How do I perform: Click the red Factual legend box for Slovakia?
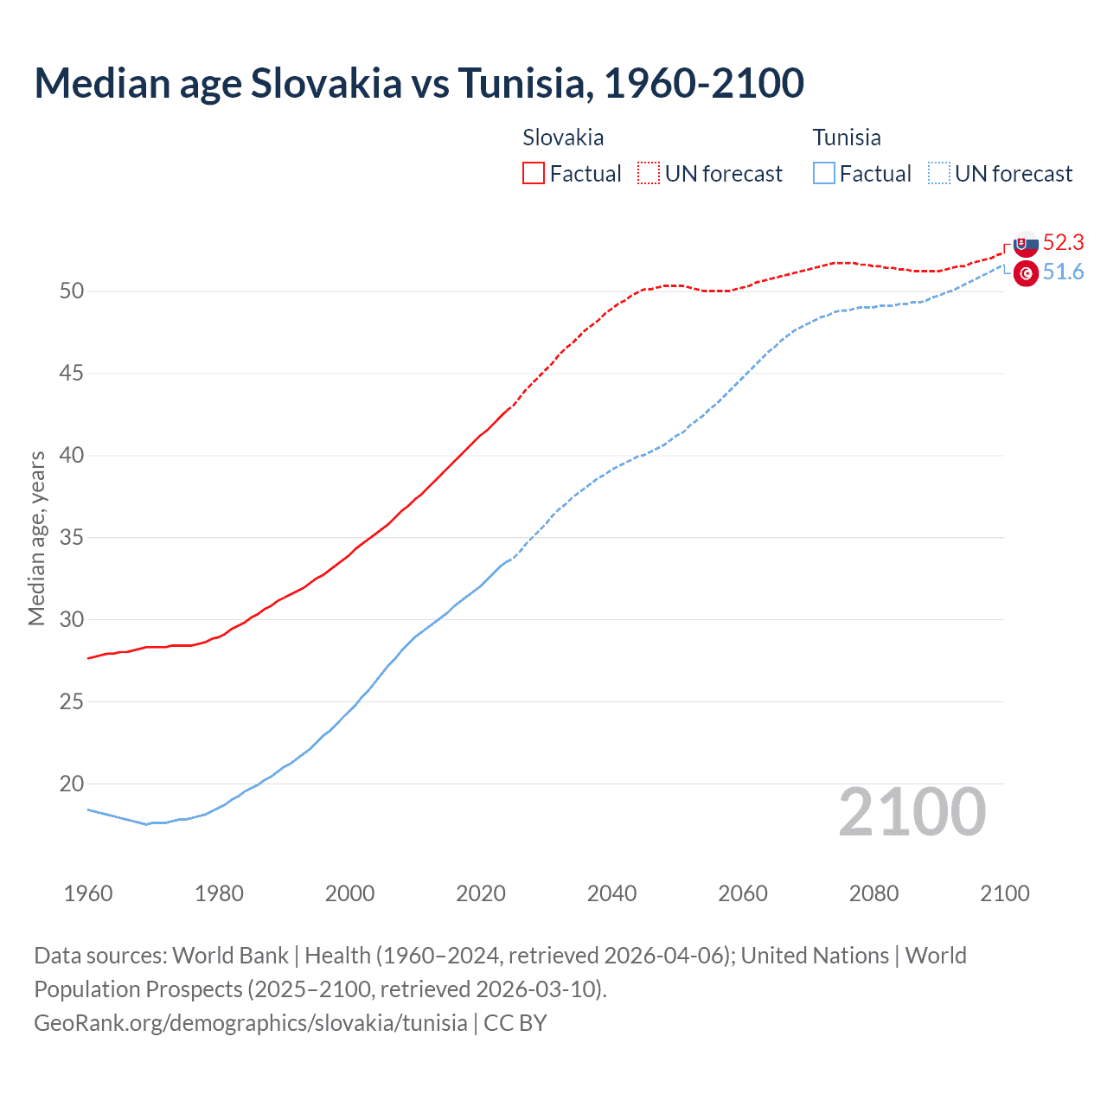click(534, 173)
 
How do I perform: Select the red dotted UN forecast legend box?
click(649, 173)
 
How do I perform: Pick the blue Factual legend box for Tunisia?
click(824, 173)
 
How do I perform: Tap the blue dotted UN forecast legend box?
click(939, 173)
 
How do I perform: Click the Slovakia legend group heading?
click(563, 138)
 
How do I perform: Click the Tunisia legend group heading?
click(847, 138)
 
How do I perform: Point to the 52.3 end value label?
click(1063, 242)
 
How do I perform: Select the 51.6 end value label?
click(1063, 272)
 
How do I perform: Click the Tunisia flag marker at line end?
click(1026, 273)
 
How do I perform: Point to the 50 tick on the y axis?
click(72, 291)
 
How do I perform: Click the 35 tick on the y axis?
click(72, 538)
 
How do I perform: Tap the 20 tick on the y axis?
click(72, 784)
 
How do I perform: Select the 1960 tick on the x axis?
click(88, 893)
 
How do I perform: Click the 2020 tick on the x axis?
click(481, 893)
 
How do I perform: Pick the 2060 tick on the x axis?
click(743, 893)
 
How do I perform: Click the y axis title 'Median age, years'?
click(36, 538)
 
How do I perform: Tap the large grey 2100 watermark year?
click(912, 812)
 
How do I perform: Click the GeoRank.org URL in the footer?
click(251, 1023)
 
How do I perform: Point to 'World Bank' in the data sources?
click(230, 956)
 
